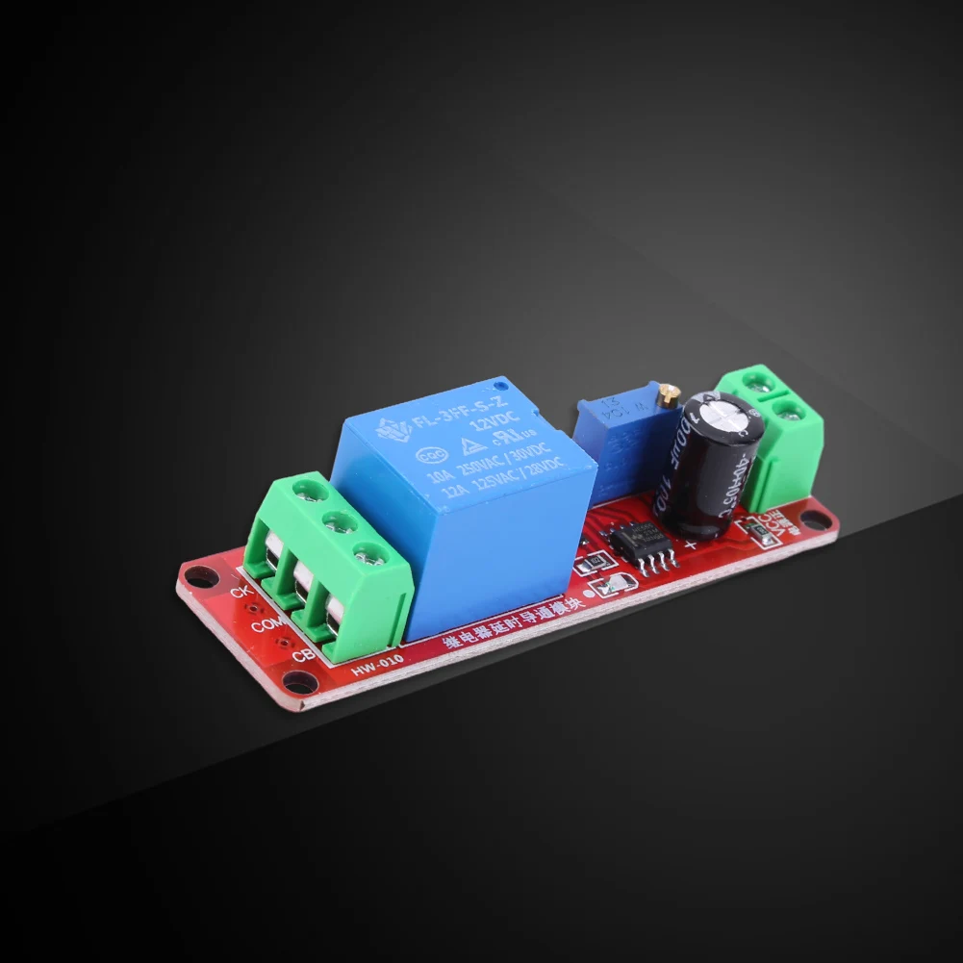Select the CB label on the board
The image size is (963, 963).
[301, 658]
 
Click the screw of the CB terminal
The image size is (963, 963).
[365, 553]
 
